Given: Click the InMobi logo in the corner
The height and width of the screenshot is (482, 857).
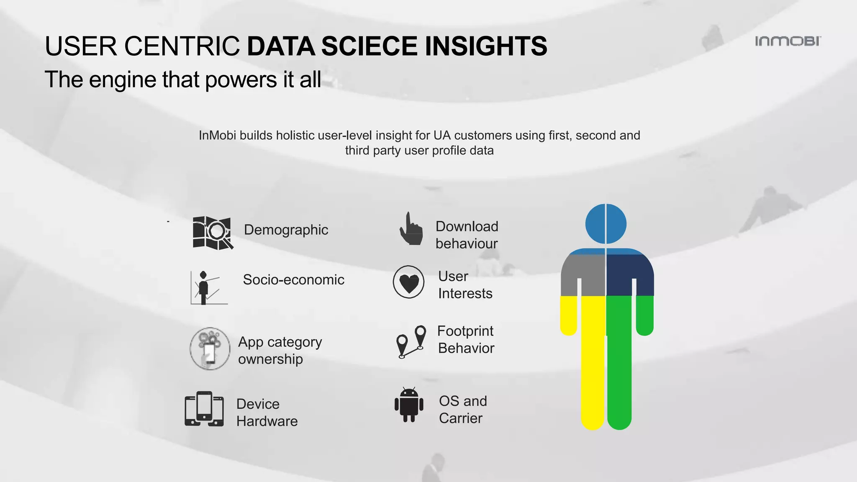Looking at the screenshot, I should point(788,41).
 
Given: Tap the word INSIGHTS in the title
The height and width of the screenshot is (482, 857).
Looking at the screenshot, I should point(485,46).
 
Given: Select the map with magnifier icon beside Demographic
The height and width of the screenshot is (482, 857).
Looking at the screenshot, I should point(213,233).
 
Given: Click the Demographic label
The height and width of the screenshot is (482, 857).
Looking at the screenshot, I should point(286,230).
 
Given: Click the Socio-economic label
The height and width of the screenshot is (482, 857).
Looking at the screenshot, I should point(293,279).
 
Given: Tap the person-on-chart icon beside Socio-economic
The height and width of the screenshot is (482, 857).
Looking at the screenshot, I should point(206,288).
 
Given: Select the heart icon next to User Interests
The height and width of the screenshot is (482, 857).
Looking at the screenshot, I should point(409,282).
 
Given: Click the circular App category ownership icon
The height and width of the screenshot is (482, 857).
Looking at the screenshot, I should point(210,349).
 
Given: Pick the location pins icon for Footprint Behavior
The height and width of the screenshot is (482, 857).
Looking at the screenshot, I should point(411,342).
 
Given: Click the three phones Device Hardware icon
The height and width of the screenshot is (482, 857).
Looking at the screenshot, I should point(204,409).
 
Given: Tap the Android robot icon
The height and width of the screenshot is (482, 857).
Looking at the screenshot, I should point(409,405).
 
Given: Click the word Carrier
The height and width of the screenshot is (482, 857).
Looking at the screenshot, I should point(460,418).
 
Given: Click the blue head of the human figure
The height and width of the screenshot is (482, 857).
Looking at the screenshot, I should point(606,224).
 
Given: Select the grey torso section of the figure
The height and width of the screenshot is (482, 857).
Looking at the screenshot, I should point(584,274).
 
